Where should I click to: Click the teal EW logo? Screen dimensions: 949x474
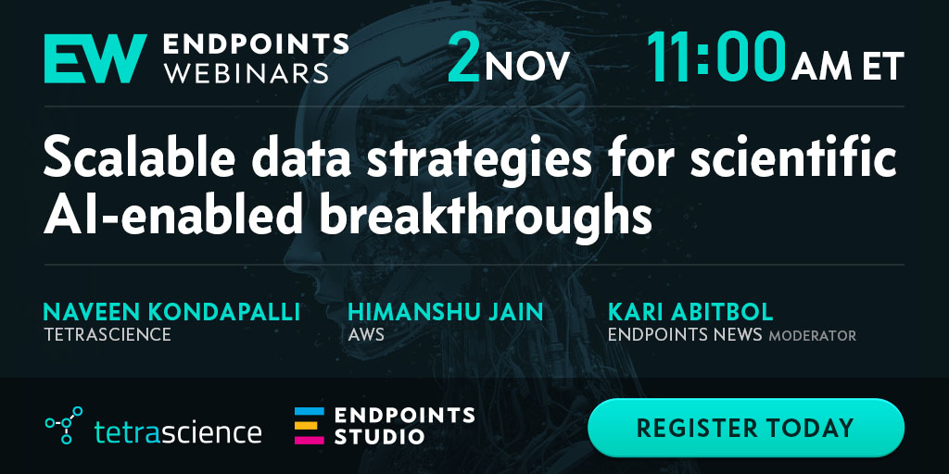click(95, 58)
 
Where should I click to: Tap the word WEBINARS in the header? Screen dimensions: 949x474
click(247, 72)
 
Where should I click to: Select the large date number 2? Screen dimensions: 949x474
click(463, 58)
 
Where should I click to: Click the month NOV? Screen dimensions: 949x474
click(526, 66)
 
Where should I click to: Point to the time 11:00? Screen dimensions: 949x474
click(716, 58)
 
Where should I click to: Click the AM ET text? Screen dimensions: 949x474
click(848, 66)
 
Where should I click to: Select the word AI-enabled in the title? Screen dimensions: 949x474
click(177, 214)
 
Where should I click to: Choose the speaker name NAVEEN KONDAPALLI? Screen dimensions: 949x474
click(171, 312)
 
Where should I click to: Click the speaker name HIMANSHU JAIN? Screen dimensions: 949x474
click(446, 312)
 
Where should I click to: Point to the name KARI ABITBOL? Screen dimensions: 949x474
click(690, 312)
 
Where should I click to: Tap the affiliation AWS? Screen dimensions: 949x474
click(365, 334)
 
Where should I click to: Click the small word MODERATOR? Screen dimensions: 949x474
click(812, 335)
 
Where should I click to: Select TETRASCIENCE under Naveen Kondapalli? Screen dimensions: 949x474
click(108, 334)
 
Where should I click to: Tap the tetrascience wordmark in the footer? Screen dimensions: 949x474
click(178, 431)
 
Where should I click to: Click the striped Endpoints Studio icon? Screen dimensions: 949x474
click(310, 426)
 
